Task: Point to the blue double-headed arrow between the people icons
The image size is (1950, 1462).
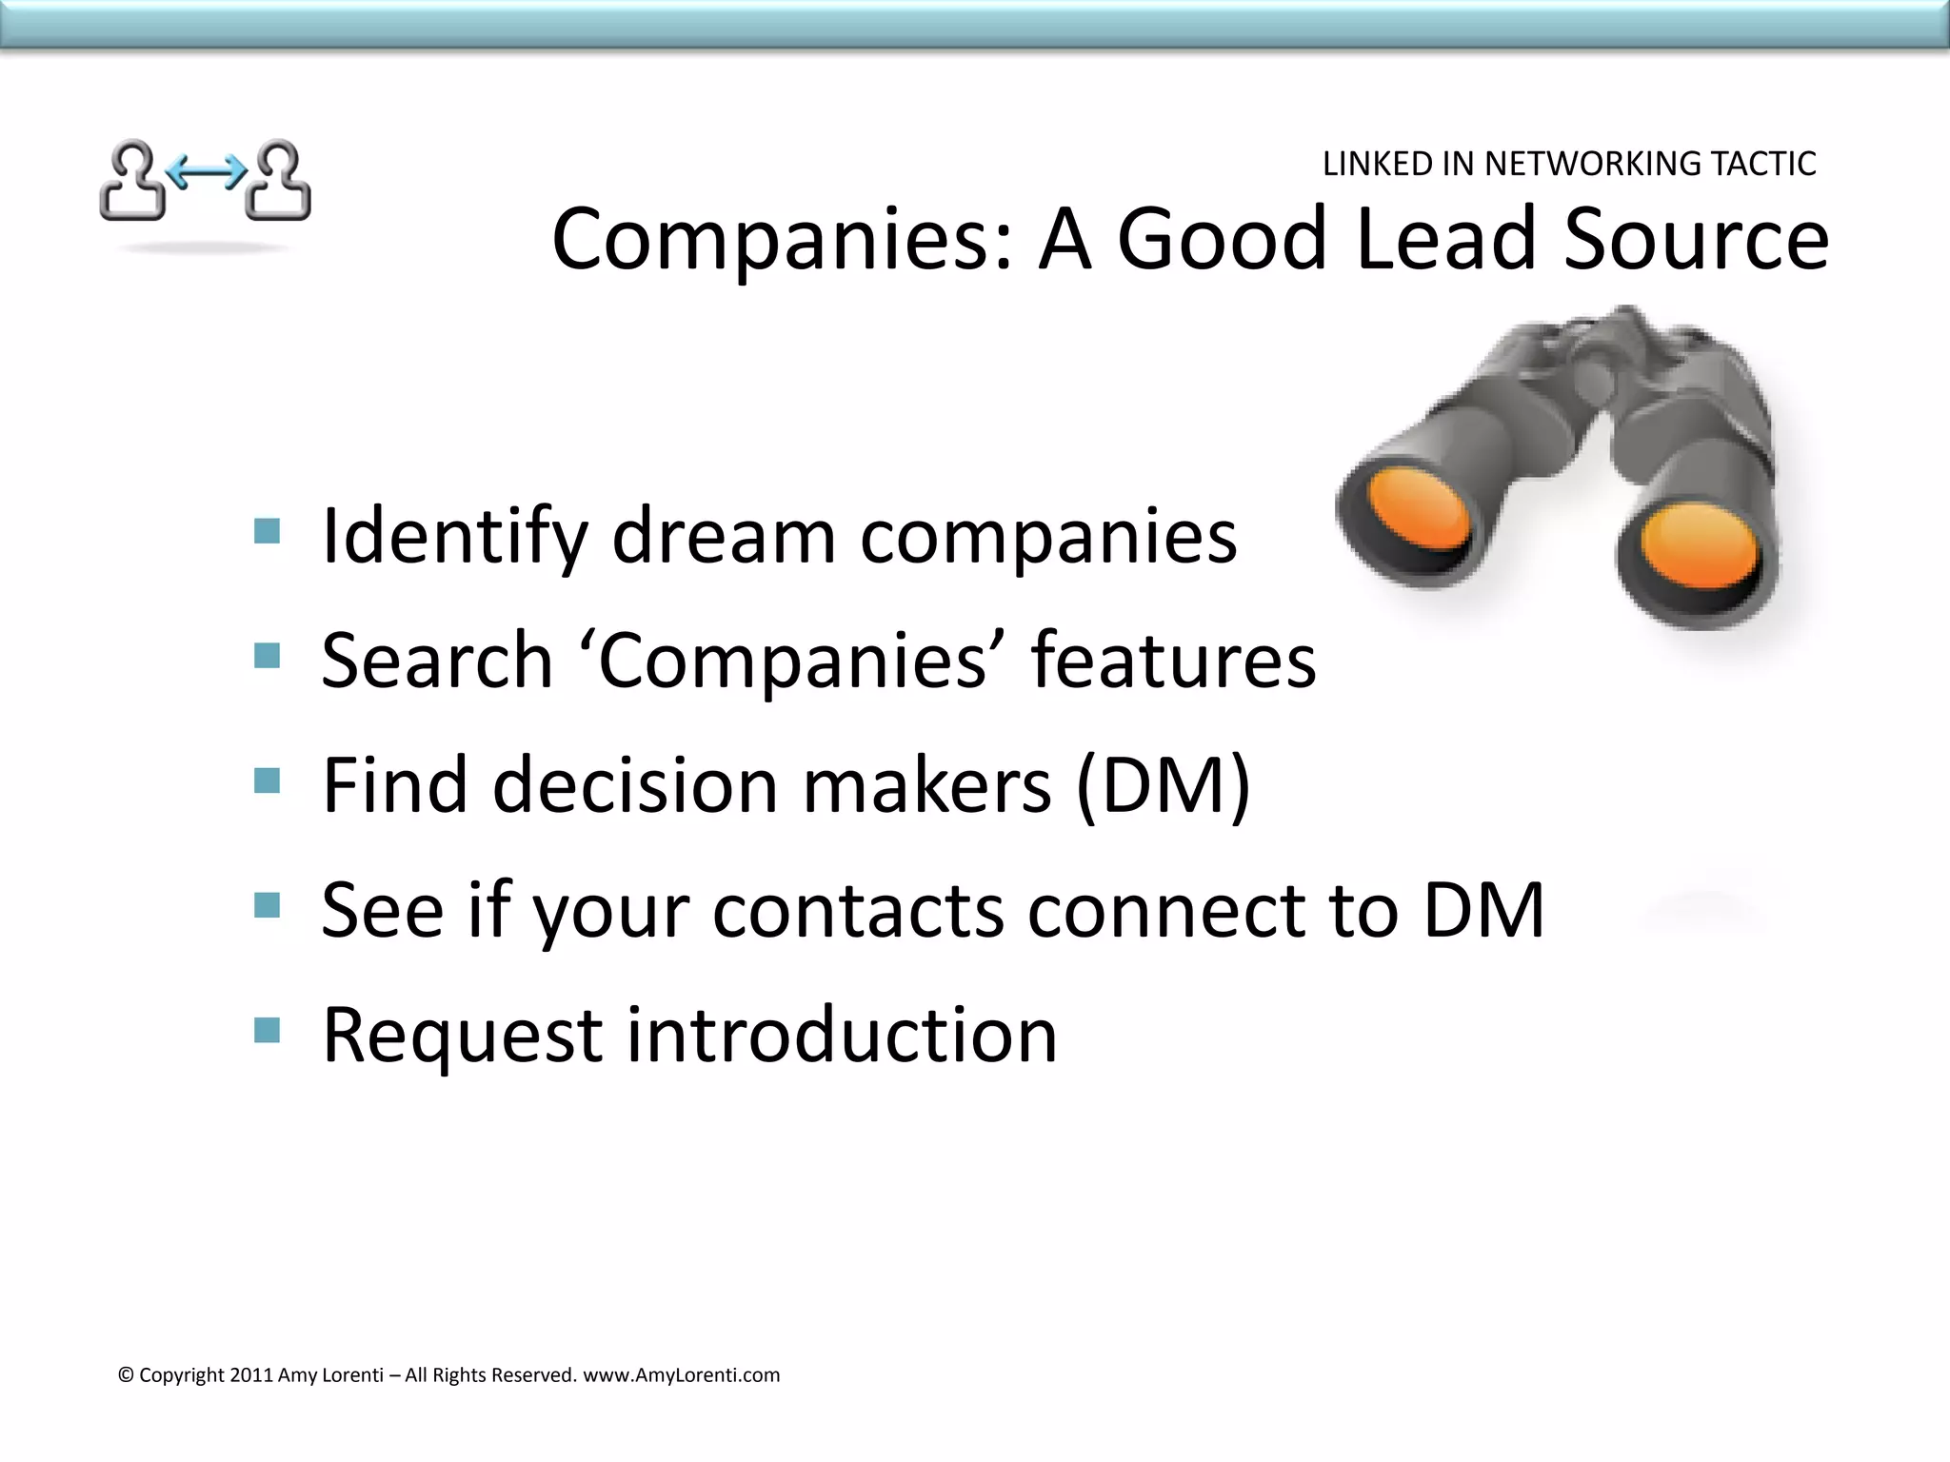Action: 206,172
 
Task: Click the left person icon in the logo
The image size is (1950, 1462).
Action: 132,181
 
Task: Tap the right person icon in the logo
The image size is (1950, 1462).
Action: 279,181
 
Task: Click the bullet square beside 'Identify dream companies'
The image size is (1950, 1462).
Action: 268,531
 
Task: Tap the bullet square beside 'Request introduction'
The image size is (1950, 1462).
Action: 268,1030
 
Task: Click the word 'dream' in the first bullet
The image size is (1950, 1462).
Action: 724,537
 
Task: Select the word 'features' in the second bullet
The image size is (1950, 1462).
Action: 1173,661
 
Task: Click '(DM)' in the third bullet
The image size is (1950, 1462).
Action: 1163,786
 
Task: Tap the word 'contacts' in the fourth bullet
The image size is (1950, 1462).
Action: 858,911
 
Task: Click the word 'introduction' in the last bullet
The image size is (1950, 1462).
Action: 842,1036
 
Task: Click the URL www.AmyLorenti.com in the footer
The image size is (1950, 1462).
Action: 681,1375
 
